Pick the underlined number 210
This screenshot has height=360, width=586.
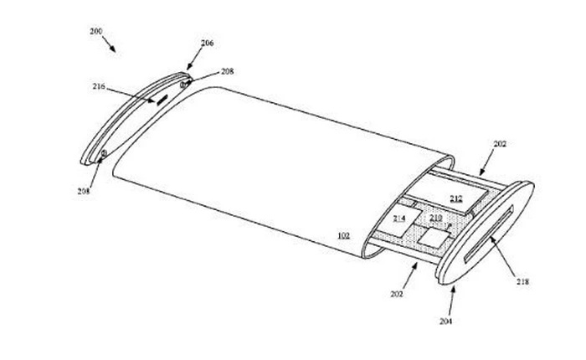point(436,219)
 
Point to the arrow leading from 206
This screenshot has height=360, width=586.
point(193,59)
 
